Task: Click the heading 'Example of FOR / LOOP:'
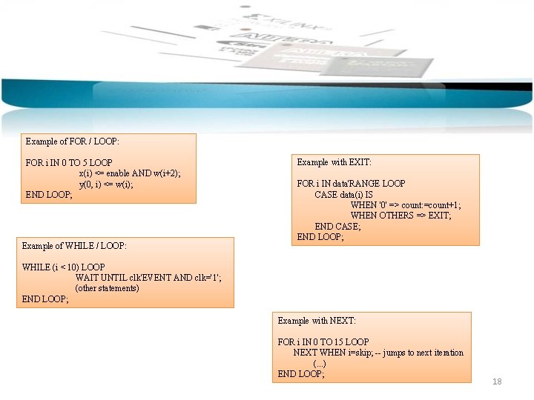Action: [x=73, y=141]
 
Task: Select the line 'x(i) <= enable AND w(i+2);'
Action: [x=129, y=173]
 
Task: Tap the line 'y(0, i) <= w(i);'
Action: [x=106, y=184]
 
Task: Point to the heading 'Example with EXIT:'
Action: [x=334, y=162]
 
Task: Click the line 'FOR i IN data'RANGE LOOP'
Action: [x=351, y=184]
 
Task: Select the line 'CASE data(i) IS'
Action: [x=343, y=195]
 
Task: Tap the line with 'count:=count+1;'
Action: [x=405, y=205]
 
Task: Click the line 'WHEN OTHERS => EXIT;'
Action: [x=400, y=216]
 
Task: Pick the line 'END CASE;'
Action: [x=337, y=227]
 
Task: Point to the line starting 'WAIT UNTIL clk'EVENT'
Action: [x=148, y=278]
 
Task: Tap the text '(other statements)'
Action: [x=107, y=288]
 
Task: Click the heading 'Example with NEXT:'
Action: [x=317, y=321]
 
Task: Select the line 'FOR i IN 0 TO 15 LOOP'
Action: [x=323, y=342]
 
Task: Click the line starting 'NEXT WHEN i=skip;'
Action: [x=378, y=353]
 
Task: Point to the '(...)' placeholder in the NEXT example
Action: [x=319, y=364]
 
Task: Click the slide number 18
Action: [x=497, y=381]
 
